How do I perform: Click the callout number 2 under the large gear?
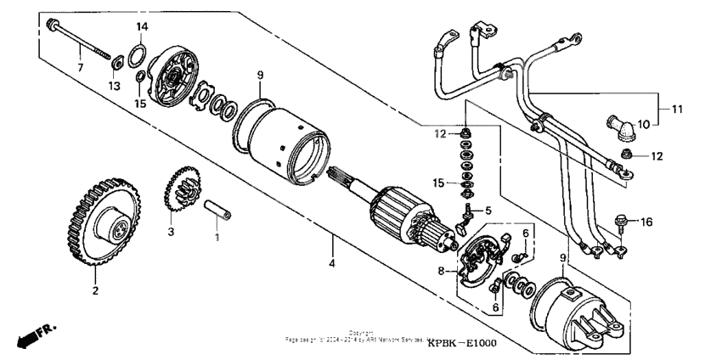(95, 291)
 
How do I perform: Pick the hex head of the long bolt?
(53, 23)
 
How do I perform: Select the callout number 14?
(143, 26)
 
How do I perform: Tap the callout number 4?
(333, 264)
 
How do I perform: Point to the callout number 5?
(489, 211)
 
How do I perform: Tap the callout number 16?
(647, 222)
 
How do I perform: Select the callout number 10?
(644, 124)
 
